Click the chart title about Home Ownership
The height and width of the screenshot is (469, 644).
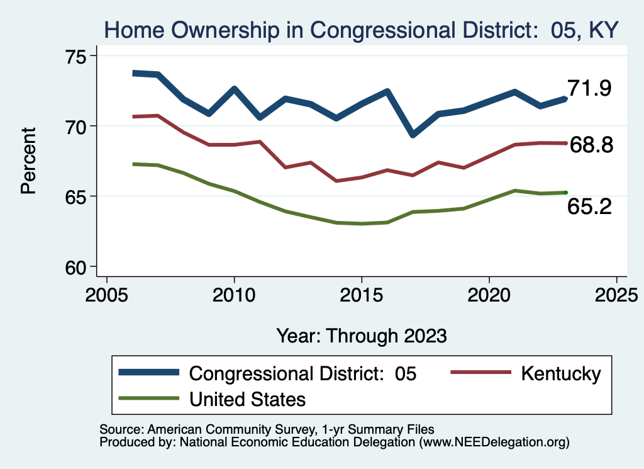(362, 29)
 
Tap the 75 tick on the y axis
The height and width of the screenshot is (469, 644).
(74, 56)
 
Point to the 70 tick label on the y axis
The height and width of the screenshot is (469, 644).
(74, 126)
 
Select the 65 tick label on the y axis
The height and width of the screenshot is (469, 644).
(74, 196)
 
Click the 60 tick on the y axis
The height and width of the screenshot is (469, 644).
(74, 267)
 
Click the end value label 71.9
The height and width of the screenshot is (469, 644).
(589, 89)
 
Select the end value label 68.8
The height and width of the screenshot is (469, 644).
(591, 145)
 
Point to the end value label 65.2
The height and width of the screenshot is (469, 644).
(589, 206)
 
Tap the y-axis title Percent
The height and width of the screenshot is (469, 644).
(29, 160)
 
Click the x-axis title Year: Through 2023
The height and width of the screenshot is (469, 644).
(362, 336)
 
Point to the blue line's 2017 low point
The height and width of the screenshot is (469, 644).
(413, 135)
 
